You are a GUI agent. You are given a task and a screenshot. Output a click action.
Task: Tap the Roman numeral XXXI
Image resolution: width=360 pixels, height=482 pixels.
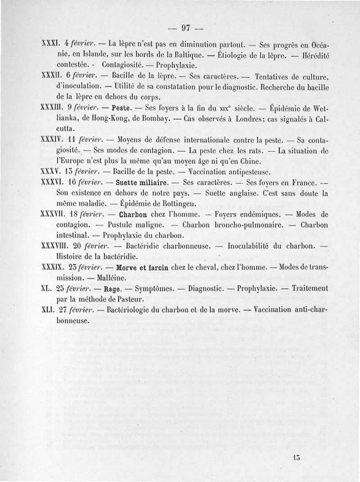coord(48,45)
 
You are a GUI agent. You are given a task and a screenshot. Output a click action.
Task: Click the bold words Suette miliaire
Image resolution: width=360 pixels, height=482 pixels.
coord(141,183)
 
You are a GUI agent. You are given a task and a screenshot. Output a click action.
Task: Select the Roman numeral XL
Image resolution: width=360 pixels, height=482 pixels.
coord(45,289)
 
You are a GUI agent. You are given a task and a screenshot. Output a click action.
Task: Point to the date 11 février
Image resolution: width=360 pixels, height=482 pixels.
coord(79,140)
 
